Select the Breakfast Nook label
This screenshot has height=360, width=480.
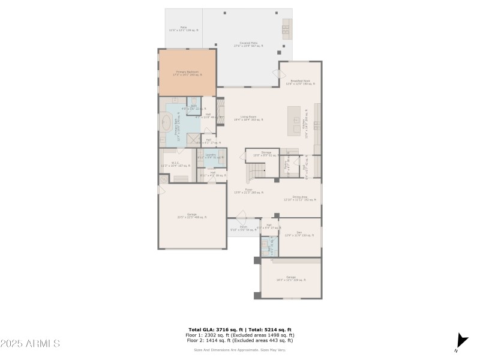click(300, 82)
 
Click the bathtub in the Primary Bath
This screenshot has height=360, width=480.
click(166, 122)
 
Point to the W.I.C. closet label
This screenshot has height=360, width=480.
click(175, 164)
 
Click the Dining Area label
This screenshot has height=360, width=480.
click(300, 198)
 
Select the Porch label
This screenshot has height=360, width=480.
click(242, 229)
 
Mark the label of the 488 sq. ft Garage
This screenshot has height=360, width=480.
click(191, 215)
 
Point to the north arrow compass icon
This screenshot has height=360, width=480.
click(461, 340)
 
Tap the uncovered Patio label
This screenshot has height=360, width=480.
click(183, 29)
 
